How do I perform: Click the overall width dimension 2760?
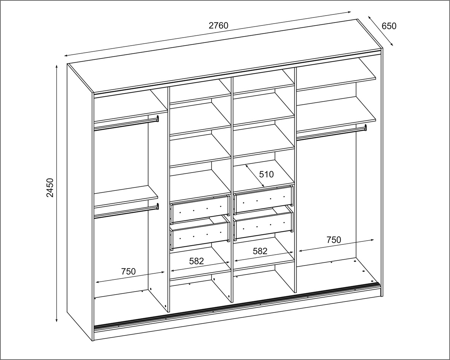tap(218, 25)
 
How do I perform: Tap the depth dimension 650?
tap(389, 26)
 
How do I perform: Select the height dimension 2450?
tap(50, 187)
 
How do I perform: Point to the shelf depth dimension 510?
tap(266, 174)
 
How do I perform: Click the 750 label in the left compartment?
tap(128, 271)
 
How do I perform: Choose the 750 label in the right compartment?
tap(334, 239)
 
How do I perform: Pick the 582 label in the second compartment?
tap(197, 261)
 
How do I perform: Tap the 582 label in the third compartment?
tap(260, 251)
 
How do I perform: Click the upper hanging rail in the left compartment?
tap(126, 124)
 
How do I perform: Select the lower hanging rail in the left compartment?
tap(126, 211)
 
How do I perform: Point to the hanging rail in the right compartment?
tap(332, 133)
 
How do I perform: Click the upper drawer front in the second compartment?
tap(200, 209)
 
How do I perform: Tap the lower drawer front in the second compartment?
tap(200, 234)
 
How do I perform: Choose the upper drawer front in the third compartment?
tap(264, 200)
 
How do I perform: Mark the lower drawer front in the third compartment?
tap(264, 225)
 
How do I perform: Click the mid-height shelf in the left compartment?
tap(126, 197)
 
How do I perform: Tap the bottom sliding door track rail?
tap(237, 305)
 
